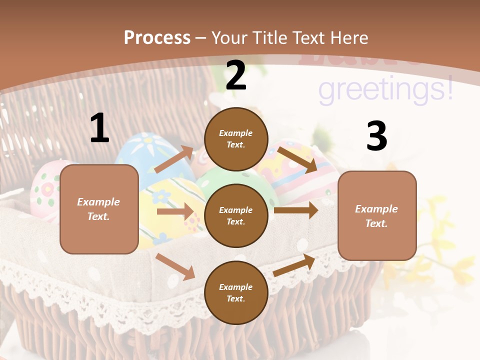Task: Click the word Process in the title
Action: tap(157, 38)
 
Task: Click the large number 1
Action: tap(99, 128)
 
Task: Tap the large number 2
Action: tap(236, 75)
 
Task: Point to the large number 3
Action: tap(376, 136)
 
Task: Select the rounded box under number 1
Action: tap(99, 209)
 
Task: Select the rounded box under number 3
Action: tap(377, 215)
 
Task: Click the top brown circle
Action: tap(236, 139)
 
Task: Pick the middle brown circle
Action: tap(236, 215)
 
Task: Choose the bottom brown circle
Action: tap(236, 292)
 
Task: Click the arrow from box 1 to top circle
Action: tap(173, 159)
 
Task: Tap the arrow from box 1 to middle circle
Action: tap(175, 211)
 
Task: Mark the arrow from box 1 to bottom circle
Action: tap(175, 266)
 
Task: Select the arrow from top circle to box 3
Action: tap(297, 159)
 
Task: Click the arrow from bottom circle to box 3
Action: tap(294, 265)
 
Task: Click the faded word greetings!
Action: tap(385, 90)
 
